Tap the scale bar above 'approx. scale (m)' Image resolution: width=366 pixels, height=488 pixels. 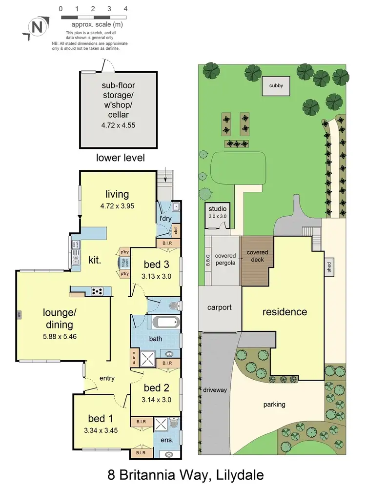coord(93,17)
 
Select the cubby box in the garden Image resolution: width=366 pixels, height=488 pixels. coord(276,86)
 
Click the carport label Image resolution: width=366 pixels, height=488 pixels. coord(219,307)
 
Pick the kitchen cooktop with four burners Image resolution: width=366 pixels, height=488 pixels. coord(98,291)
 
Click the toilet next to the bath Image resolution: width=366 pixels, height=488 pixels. coord(174,306)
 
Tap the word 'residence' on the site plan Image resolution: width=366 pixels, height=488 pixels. coord(285,311)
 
